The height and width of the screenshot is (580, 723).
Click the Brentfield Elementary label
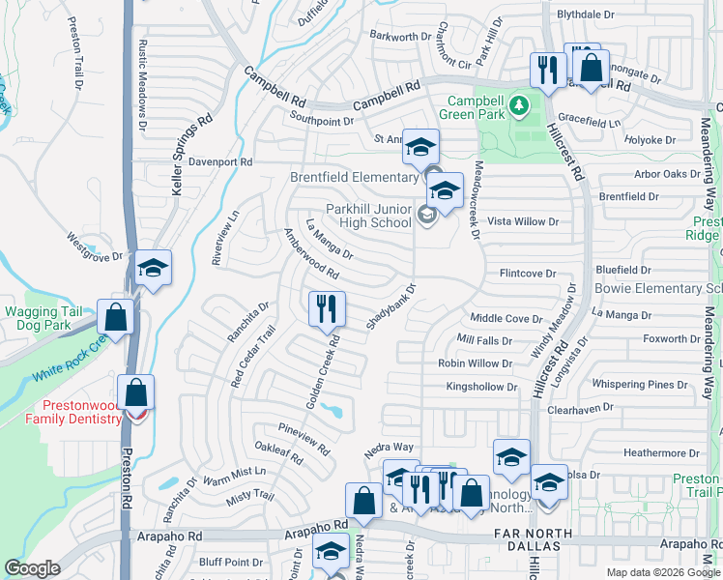pos(354,177)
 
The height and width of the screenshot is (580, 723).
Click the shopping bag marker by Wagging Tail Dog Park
pos(115,320)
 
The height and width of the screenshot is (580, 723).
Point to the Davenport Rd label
pos(220,161)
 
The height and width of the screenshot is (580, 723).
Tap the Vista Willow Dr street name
pos(524,221)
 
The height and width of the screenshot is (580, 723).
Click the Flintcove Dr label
pos(527,274)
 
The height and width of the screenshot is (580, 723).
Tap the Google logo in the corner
pos(33,568)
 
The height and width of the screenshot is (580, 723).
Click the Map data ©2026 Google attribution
pos(663,572)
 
